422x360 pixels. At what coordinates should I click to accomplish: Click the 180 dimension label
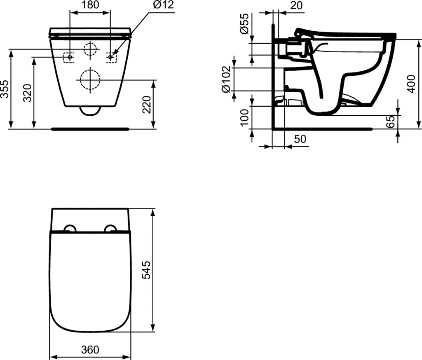click(90, 5)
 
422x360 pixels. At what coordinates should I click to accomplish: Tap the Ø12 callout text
click(164, 5)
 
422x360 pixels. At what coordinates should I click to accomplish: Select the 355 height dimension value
click(5, 89)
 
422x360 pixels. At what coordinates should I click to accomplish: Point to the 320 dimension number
click(27, 93)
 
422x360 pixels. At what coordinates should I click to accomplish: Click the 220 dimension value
click(147, 105)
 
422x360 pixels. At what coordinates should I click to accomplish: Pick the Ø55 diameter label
click(244, 23)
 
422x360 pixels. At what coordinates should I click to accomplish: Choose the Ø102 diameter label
click(226, 79)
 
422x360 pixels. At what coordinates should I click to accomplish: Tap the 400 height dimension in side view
click(411, 84)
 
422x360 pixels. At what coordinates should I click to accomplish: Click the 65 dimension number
click(390, 122)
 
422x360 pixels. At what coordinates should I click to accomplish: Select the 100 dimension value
click(244, 117)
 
